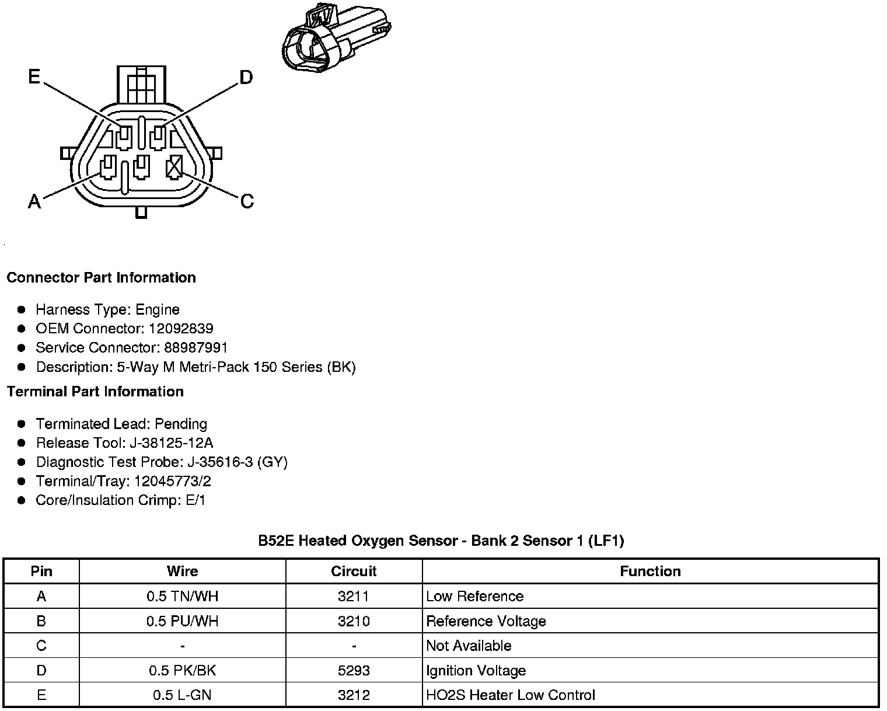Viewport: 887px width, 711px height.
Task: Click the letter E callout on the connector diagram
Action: click(34, 77)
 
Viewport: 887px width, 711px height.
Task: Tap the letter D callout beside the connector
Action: click(246, 77)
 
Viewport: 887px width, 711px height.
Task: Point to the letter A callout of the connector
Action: click(34, 202)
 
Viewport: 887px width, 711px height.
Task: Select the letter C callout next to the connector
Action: click(247, 201)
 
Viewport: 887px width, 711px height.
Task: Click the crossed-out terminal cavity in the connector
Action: click(174, 168)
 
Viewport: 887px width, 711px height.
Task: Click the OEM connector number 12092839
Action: click(181, 329)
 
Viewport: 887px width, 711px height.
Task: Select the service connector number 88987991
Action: click(195, 348)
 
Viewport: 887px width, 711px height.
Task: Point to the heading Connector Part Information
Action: click(101, 277)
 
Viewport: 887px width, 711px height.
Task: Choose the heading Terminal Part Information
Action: click(95, 392)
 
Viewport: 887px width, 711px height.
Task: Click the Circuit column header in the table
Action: click(354, 571)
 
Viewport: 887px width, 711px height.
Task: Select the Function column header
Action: click(650, 571)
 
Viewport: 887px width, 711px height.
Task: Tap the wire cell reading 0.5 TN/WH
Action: click(182, 597)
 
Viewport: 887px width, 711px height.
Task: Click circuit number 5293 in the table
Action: click(354, 671)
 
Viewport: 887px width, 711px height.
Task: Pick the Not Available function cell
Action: click(469, 646)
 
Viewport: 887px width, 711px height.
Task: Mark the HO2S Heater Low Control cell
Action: click(511, 695)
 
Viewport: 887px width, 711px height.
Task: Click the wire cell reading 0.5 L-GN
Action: click(182, 695)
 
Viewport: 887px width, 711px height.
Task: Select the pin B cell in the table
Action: click(41, 621)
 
